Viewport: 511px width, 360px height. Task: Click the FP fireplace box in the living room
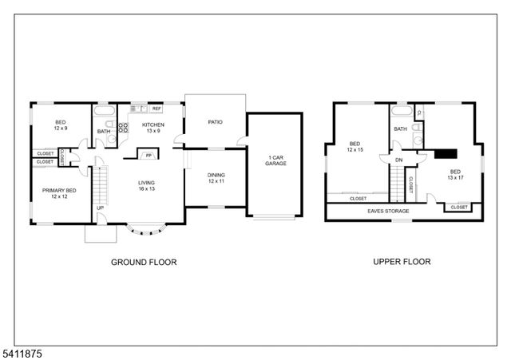(148, 154)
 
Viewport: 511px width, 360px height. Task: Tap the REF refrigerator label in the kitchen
(156, 108)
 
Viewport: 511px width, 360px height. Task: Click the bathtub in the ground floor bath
(105, 112)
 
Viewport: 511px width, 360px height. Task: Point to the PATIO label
(215, 122)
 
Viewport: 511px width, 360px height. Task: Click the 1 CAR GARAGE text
(276, 160)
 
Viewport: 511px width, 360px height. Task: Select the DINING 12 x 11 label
(216, 179)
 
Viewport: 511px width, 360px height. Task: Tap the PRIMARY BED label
(59, 194)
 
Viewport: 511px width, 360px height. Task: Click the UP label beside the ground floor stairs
(100, 209)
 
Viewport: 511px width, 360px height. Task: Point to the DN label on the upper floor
(398, 160)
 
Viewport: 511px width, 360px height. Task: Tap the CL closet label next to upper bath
(419, 113)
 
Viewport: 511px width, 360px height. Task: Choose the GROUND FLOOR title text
(143, 261)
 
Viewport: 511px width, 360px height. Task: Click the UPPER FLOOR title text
(402, 261)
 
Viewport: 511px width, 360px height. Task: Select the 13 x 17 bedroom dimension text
(455, 177)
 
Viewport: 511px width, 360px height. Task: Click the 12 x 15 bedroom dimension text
(355, 149)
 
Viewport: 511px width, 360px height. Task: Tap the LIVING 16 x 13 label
(146, 186)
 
